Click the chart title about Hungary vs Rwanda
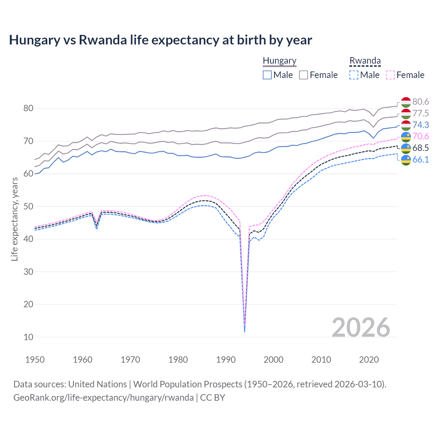coord(160,40)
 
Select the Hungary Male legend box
coord(267,75)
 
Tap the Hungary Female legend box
coord(304,75)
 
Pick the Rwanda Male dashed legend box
coord(354,75)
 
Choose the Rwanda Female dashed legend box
coord(390,75)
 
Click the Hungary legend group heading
coord(280,61)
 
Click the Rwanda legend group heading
coord(365,61)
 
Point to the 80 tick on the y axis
coord(28,108)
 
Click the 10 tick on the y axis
coord(28,337)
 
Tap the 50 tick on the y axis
coord(28,206)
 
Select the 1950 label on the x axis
coord(35,360)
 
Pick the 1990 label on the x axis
coord(226,360)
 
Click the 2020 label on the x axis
coord(369,360)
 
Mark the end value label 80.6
coord(421,102)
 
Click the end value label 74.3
coord(421,125)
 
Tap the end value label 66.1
coord(421,160)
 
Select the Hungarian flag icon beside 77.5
coord(406,114)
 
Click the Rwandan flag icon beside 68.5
coord(406,148)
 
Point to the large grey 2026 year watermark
coord(361,327)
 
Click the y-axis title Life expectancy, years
coord(14,219)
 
